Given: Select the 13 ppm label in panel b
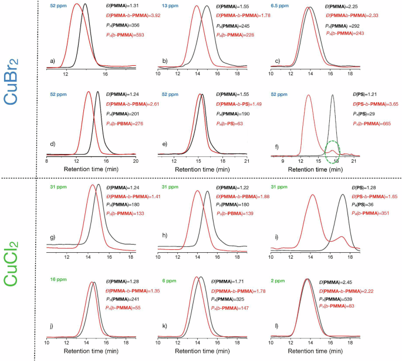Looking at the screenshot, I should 170,5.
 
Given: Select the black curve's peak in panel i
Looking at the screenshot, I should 342,194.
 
